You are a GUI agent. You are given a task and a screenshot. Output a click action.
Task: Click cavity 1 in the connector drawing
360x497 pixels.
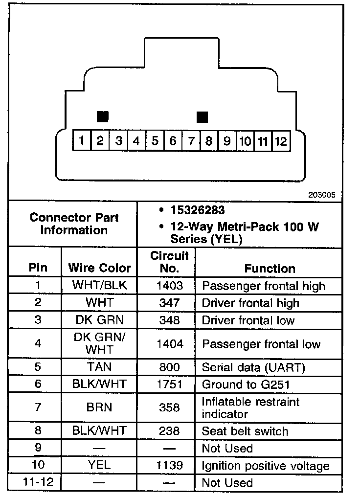coord(82,141)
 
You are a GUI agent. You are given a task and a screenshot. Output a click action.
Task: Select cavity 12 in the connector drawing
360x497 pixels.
coord(280,141)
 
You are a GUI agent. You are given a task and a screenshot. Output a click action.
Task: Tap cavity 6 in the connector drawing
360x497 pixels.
coord(172,141)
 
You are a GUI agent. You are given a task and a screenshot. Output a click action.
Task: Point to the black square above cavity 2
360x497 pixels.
coord(102,116)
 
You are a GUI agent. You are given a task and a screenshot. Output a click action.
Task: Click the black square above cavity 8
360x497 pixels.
coord(202,117)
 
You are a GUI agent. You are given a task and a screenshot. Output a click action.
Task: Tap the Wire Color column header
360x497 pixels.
coord(99,268)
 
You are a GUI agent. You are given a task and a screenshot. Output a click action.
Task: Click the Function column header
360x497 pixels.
coord(270,269)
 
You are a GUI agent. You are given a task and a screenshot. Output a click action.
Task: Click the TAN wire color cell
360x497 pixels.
coord(99,367)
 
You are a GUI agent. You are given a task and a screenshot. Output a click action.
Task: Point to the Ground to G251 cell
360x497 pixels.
coord(246,384)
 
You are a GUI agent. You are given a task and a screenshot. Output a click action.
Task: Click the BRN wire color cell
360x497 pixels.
coord(99,407)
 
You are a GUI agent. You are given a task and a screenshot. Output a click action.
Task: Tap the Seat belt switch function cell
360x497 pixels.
coord(245,431)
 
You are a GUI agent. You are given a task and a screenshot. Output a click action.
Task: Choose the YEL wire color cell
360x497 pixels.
coord(99,466)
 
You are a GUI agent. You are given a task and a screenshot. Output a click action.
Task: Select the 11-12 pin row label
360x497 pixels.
coord(38,483)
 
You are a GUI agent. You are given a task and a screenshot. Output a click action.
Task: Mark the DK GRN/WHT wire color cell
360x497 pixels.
coord(99,344)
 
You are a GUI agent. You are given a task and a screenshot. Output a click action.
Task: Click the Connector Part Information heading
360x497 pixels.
coord(74,224)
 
